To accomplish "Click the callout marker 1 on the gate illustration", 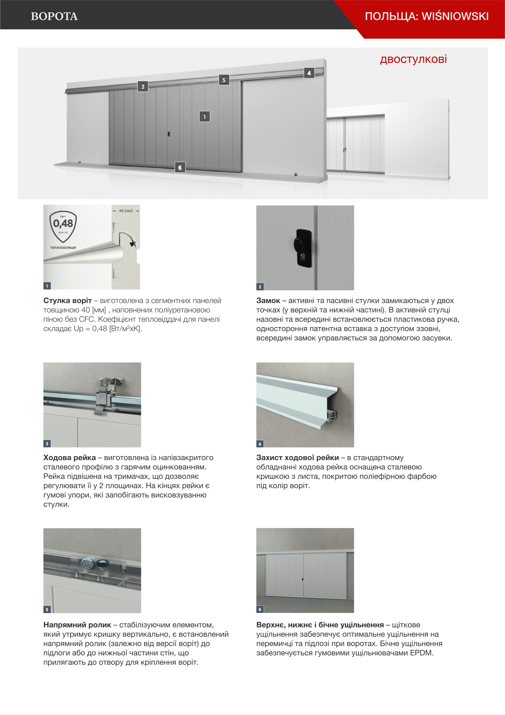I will [x=204, y=117].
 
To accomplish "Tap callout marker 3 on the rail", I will [x=143, y=87].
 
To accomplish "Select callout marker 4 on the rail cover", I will [x=309, y=73].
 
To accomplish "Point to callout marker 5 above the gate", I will [x=224, y=80].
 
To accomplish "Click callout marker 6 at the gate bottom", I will [x=180, y=167].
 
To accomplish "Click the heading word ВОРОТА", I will [x=54, y=16].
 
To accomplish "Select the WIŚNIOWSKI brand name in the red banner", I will [x=455, y=16].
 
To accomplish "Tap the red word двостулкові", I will [x=413, y=59].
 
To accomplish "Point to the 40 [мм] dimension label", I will [x=126, y=211].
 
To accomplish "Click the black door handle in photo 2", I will [x=303, y=248].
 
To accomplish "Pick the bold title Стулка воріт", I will [x=67, y=301].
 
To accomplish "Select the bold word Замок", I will [x=268, y=301].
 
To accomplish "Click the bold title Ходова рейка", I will [x=69, y=458].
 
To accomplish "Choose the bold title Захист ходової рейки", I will [x=297, y=458].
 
